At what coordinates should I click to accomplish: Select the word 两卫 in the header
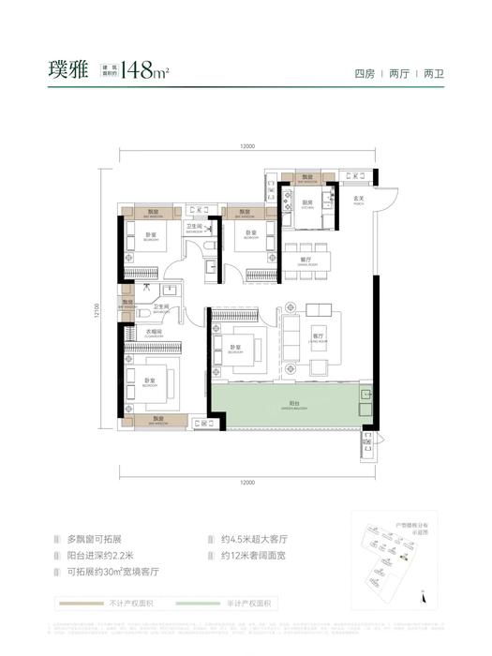click(434, 73)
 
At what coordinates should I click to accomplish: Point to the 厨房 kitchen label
click(306, 202)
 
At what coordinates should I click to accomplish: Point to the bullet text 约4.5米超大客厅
click(254, 541)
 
